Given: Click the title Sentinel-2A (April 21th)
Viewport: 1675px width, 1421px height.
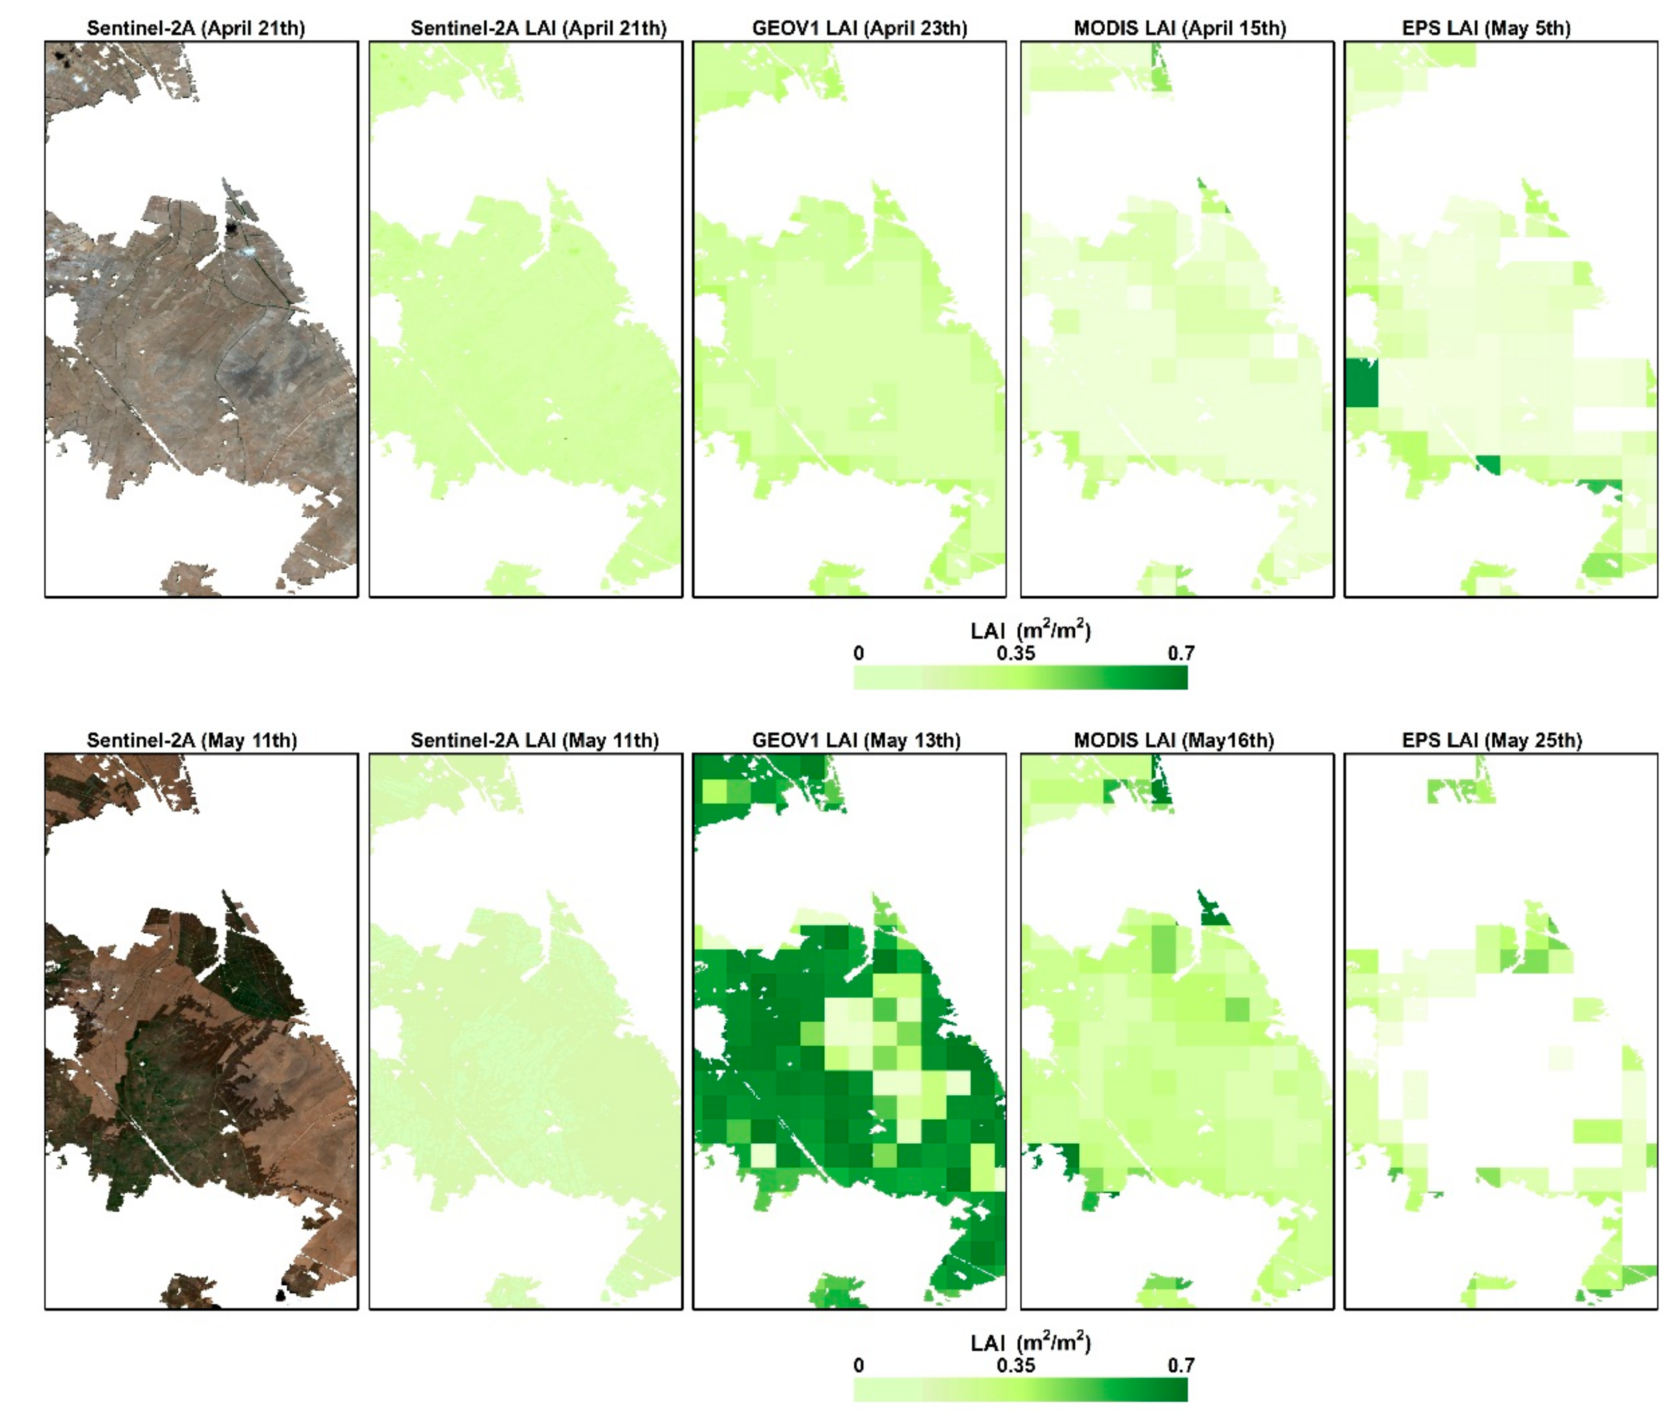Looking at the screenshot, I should click(196, 28).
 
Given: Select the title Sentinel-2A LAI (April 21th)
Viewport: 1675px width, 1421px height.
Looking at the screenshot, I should click(538, 28).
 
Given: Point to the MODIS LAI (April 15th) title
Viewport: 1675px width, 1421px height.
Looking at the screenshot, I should click(1179, 28).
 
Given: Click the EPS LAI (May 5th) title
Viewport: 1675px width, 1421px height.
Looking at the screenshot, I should click(1486, 28).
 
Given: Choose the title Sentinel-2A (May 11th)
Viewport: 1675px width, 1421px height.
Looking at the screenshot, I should click(192, 740).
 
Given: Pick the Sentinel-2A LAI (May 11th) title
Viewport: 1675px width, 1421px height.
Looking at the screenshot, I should click(534, 740).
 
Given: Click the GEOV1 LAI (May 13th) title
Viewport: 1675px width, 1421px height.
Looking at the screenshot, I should click(856, 740).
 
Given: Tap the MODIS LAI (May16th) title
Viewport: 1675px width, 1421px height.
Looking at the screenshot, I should click(1173, 740).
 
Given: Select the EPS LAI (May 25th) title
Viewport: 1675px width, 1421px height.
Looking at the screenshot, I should click(1491, 740).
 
